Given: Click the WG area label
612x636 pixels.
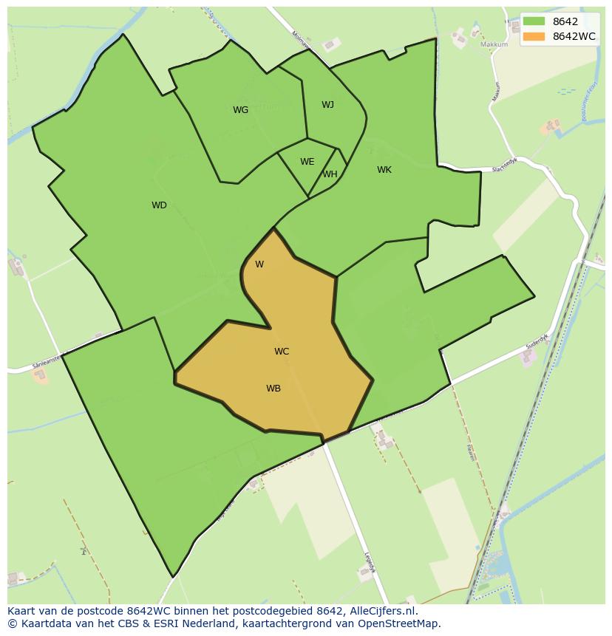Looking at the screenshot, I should [x=240, y=110].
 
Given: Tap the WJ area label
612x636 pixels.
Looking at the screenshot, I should [x=327, y=105].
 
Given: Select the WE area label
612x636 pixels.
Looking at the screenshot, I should [x=307, y=162].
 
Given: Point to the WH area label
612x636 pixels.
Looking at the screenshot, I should [x=330, y=174].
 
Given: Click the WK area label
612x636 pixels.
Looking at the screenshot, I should [x=384, y=170].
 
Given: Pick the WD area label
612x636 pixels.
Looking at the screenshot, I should [x=159, y=205].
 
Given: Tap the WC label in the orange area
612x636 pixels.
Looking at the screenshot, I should [x=282, y=352].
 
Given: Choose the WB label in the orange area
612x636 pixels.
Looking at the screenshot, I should [x=273, y=389].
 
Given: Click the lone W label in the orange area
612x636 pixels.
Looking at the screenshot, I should [x=259, y=264].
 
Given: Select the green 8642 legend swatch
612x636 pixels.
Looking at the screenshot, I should [x=534, y=21].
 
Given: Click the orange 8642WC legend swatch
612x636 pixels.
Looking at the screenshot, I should [x=534, y=36].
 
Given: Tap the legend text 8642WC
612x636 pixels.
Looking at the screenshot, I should [x=574, y=36].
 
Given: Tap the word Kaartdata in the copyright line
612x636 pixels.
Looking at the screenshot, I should [x=41, y=623].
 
